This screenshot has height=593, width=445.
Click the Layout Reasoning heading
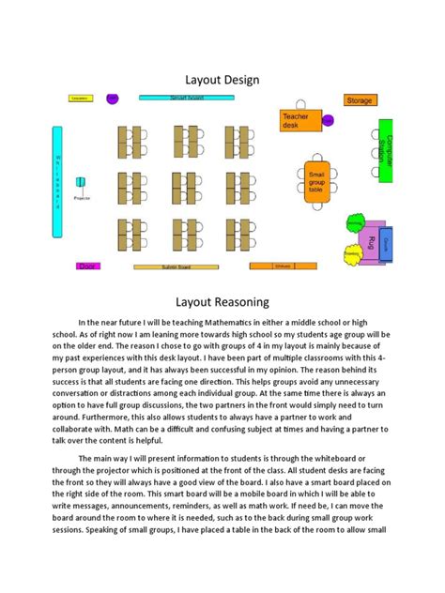click(x=222, y=302)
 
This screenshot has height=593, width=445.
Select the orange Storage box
click(x=359, y=100)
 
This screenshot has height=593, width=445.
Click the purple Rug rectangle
click(x=373, y=242)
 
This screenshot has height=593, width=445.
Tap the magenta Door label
click(x=87, y=266)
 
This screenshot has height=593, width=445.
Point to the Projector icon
click(x=82, y=184)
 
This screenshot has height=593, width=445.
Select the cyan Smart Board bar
click(x=186, y=98)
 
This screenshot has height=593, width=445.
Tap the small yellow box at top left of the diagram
click(x=80, y=98)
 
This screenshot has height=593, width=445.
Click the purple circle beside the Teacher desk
click(x=329, y=119)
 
